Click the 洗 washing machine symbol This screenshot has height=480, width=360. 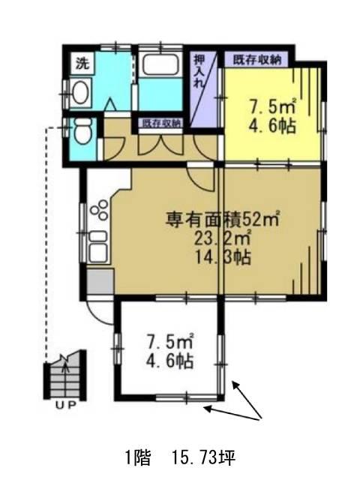tap(82, 63)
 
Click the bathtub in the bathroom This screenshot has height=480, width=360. tap(160, 64)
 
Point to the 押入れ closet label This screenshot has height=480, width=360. tap(199, 71)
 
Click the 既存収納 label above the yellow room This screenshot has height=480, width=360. tap(257, 60)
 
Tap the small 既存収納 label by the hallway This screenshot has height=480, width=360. tap(160, 123)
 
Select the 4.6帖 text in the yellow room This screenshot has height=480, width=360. tap(271, 125)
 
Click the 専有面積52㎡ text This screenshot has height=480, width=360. tap(223, 219)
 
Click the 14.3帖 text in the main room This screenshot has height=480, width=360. tap(223, 257)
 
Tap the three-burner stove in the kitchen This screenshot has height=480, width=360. tap(100, 210)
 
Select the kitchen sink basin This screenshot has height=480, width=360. tap(98, 247)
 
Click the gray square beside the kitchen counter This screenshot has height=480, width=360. tap(100, 282)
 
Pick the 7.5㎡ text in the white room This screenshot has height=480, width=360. tap(169, 341)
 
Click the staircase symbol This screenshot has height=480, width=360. tap(65, 376)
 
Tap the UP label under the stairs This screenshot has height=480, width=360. tap(65, 406)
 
